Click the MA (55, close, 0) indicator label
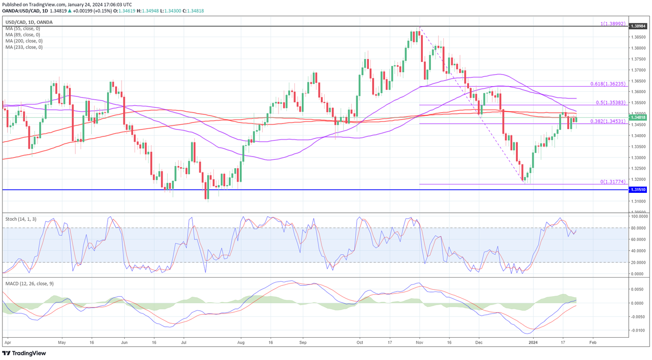coord(22,28)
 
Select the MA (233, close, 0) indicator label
coord(24,47)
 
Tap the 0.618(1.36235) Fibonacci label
coord(609,84)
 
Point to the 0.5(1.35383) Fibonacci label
coord(611,102)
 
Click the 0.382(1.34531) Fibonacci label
coord(609,121)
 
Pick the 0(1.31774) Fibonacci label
coord(613,182)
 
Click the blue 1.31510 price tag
coord(638,190)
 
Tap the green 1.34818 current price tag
coord(638,118)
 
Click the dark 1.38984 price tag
coord(638,26)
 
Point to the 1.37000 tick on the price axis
coord(638,70)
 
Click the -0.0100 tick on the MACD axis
coord(638,330)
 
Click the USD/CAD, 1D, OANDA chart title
coord(29,22)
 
